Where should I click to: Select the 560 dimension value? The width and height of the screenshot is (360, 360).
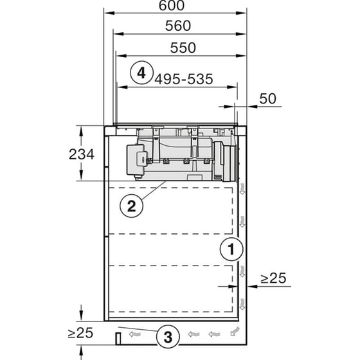pos(178,26)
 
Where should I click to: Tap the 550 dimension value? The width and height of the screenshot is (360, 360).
pos(183,48)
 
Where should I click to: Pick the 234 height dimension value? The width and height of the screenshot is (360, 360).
pos(83,154)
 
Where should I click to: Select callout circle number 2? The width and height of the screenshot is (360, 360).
pos(130,206)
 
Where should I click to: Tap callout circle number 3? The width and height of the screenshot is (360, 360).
pos(167,336)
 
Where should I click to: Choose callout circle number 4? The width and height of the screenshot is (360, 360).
pos(141,72)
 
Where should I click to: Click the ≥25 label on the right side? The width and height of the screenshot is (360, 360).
pos(273,278)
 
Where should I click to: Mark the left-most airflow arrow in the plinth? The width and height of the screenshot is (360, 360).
pos(135,334)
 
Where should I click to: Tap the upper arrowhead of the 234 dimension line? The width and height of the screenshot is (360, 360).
pos(82,129)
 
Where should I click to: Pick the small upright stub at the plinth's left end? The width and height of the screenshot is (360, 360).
pos(118,337)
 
